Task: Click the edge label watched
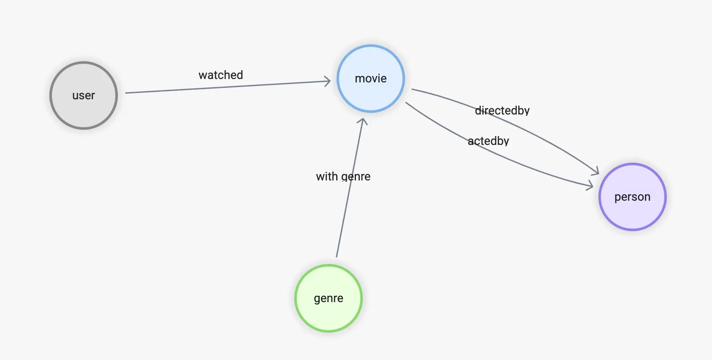tap(220, 75)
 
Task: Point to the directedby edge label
tap(502, 111)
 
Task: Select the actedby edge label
tap(488, 141)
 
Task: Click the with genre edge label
tap(343, 177)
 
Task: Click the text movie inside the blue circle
tap(371, 79)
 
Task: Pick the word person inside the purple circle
tap(632, 197)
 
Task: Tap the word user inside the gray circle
tap(84, 95)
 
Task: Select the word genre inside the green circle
tap(329, 298)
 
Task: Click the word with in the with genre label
tap(327, 177)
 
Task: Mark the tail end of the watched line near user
tap(126, 93)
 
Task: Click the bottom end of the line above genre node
tap(337, 256)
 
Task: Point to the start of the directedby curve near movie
tap(413, 89)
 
